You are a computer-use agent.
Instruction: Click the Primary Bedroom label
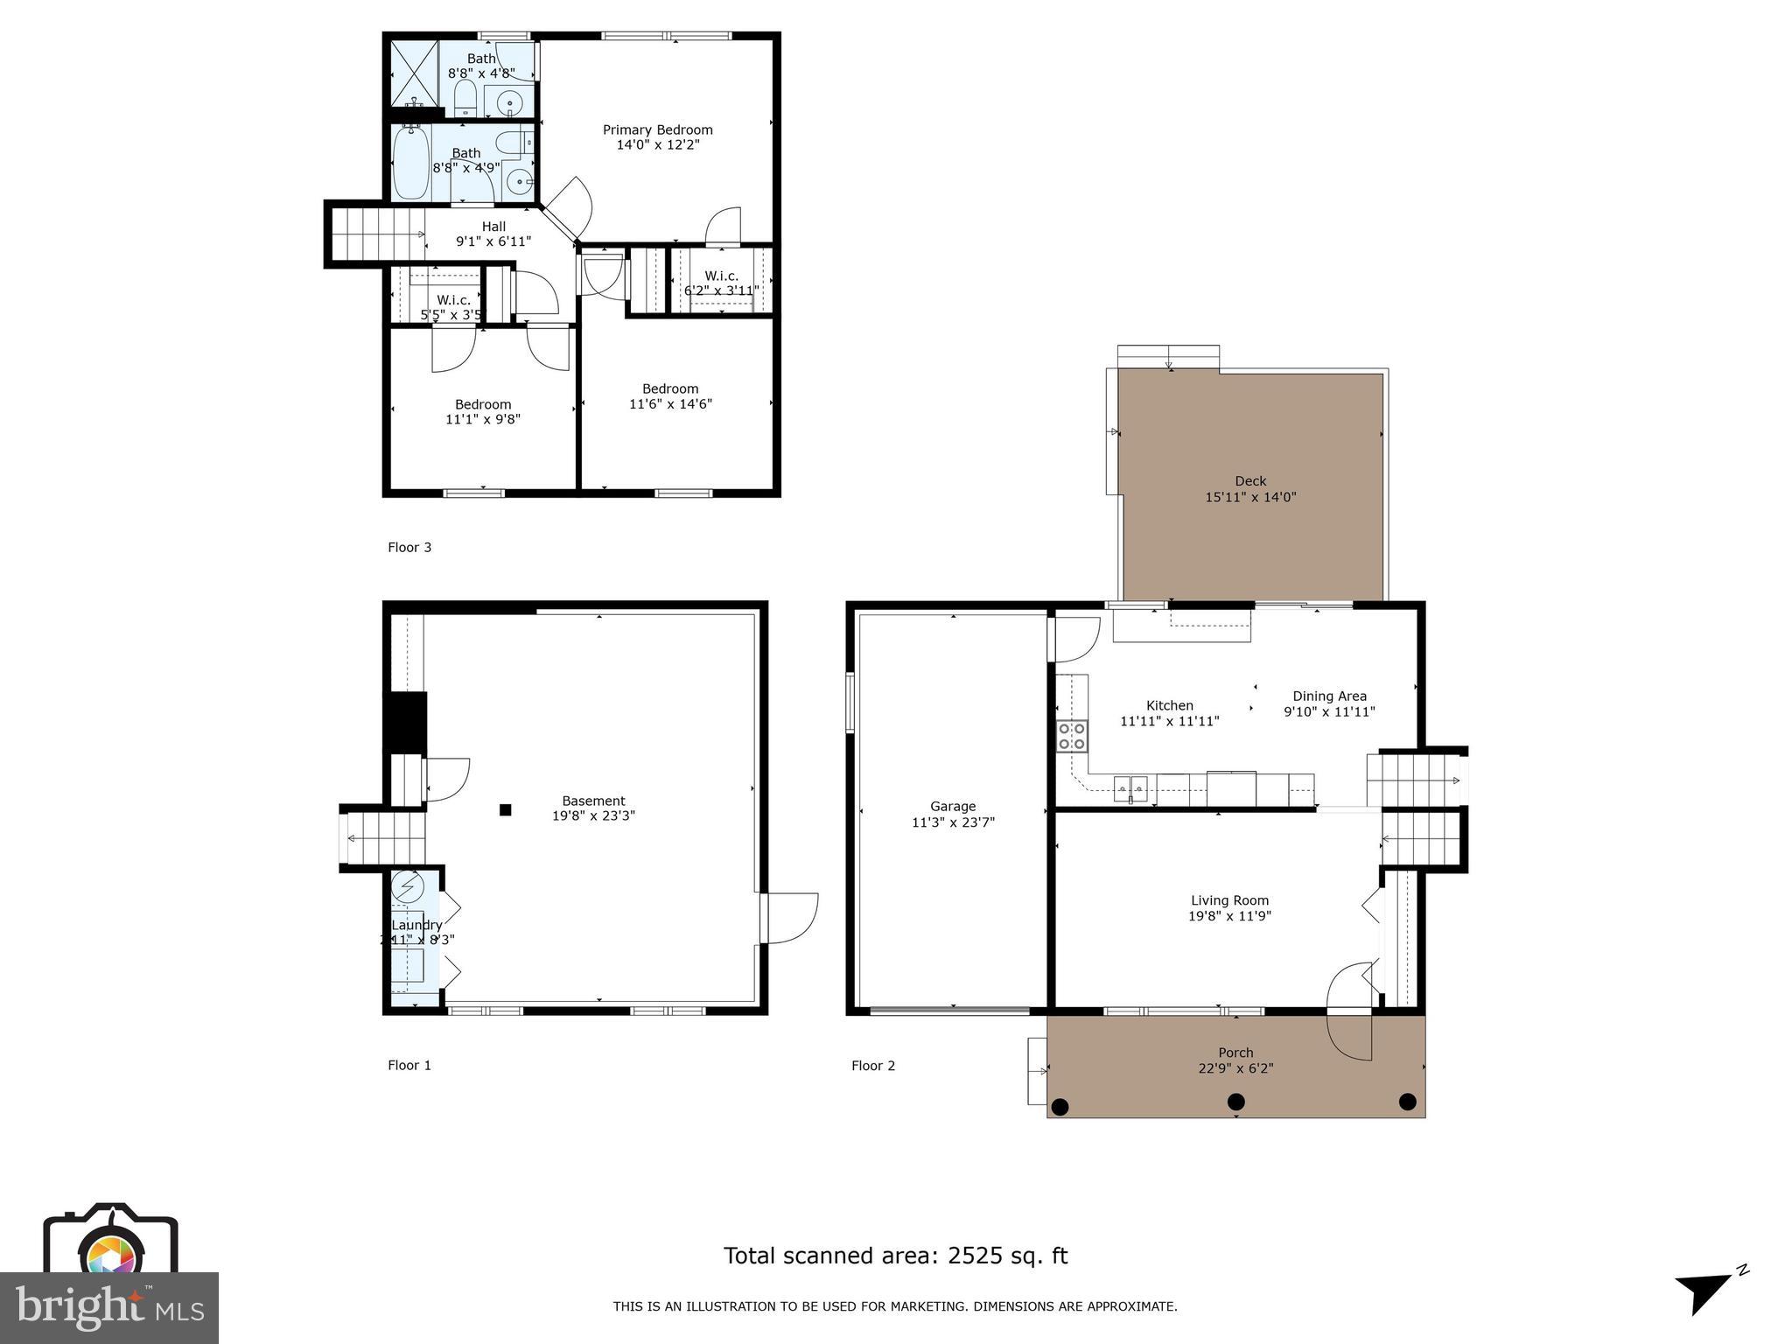(657, 129)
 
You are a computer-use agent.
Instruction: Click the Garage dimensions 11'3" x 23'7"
(953, 822)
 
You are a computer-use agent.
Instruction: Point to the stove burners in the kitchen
(1072, 736)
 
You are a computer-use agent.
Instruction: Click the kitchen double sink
(1130, 788)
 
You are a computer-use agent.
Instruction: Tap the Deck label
(1250, 480)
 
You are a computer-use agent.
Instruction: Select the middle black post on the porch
(1235, 1101)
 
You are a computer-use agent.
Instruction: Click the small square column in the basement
(505, 810)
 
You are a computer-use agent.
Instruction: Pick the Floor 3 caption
(409, 548)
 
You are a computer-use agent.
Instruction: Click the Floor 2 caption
(873, 1066)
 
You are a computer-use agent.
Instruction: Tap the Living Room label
(1229, 900)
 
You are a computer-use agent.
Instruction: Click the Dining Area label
(1329, 696)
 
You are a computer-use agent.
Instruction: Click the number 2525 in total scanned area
(975, 1256)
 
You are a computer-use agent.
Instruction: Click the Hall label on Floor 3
(493, 227)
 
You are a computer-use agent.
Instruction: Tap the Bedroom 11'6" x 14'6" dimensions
(670, 404)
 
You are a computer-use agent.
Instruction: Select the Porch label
(1235, 1053)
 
